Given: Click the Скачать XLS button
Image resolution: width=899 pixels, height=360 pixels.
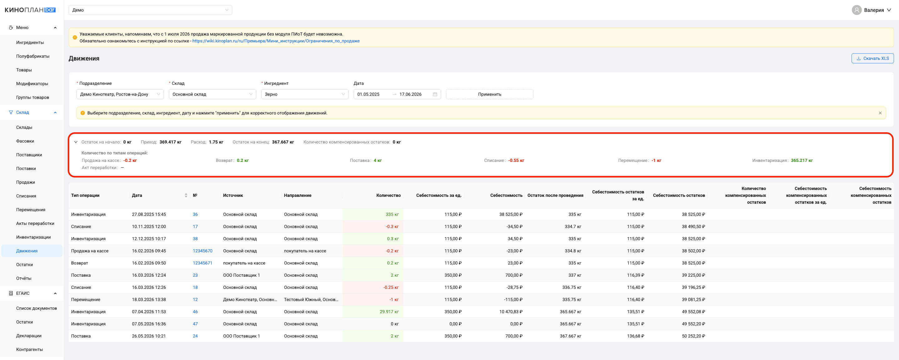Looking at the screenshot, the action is tap(872, 58).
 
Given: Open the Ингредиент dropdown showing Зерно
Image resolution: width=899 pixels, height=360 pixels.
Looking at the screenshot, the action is tap(305, 94).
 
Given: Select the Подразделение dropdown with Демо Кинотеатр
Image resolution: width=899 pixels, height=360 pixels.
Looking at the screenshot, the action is tap(120, 94).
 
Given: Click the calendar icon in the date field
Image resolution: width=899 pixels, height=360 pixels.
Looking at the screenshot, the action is tap(435, 94).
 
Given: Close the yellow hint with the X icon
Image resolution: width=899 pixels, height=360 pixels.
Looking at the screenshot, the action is tap(880, 113).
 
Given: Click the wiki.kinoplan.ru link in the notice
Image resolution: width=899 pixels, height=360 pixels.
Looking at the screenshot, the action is tap(276, 41).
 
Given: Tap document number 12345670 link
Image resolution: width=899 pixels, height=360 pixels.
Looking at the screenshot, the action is tap(202, 251).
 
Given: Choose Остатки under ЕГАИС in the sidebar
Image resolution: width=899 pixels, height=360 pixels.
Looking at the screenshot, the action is tap(24, 322).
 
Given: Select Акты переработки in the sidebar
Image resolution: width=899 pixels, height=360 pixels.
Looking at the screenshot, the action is tap(35, 223).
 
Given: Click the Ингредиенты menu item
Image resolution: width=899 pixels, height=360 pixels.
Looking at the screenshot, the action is tap(30, 42).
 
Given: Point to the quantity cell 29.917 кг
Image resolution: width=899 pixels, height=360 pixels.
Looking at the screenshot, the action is tap(389, 312).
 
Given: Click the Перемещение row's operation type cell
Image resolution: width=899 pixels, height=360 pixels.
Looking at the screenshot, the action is tap(86, 299).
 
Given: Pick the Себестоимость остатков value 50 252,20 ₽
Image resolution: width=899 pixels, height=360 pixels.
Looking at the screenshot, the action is tap(693, 336).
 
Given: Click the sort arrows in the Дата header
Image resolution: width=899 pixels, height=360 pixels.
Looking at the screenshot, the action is tap(186, 195).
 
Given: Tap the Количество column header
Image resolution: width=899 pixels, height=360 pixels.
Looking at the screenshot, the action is tap(388, 195).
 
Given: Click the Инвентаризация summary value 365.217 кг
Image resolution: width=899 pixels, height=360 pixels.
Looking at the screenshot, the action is tap(802, 160).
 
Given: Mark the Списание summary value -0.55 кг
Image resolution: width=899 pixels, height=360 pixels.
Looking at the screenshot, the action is tap(516, 160).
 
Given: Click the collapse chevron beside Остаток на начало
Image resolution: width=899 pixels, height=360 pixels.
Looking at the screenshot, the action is tap(76, 142).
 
